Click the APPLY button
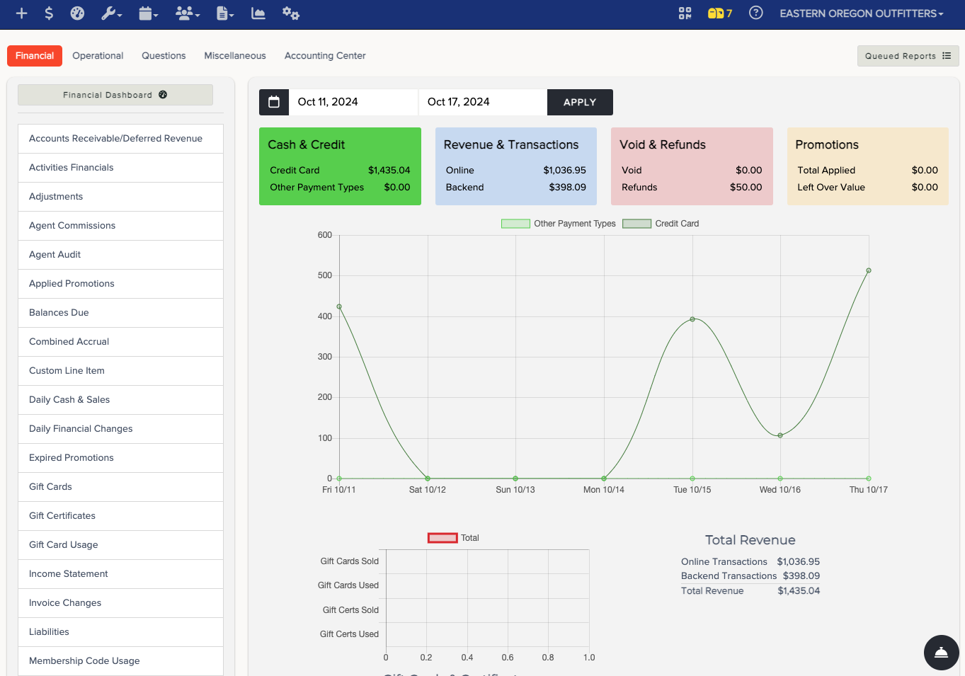pyautogui.click(x=580, y=102)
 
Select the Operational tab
pyautogui.click(x=98, y=56)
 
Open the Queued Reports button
pyautogui.click(x=908, y=56)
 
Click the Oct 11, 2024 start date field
pyautogui.click(x=353, y=102)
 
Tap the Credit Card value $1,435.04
pyautogui.click(x=389, y=170)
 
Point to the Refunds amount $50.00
pyautogui.click(x=746, y=188)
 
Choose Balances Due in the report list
pyautogui.click(x=59, y=312)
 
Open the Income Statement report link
pyautogui.click(x=68, y=573)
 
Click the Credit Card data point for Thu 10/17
pyautogui.click(x=869, y=270)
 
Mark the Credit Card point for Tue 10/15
pyautogui.click(x=692, y=319)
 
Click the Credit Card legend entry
pyautogui.click(x=661, y=224)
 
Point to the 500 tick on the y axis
pyautogui.click(x=325, y=275)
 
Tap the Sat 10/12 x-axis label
pyautogui.click(x=428, y=489)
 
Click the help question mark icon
pyautogui.click(x=755, y=13)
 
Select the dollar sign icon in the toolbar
pyautogui.click(x=49, y=13)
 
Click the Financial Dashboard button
pyautogui.click(x=115, y=95)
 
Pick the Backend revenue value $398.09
pyautogui.click(x=567, y=188)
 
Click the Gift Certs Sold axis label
pyautogui.click(x=350, y=609)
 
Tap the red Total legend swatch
pyautogui.click(x=442, y=538)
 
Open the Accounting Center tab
pyautogui.click(x=325, y=56)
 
